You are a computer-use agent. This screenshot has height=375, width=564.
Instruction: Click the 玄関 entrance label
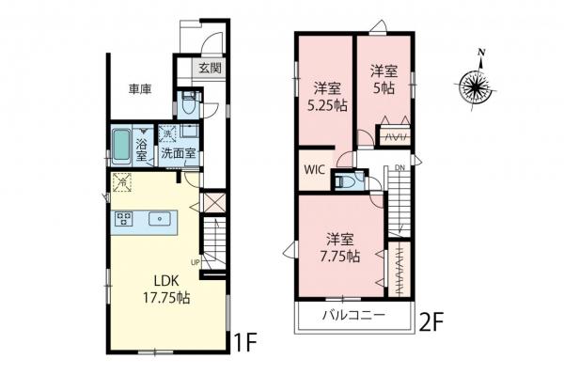tap(210, 68)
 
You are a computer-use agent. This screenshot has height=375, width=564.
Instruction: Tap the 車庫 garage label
tap(141, 91)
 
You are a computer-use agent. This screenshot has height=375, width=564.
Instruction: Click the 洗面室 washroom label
tap(176, 152)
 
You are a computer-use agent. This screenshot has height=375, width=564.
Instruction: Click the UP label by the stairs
tap(195, 261)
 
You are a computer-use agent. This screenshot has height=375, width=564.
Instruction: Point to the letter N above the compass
tap(481, 52)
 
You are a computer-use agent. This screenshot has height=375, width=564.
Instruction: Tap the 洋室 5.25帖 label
tap(325, 98)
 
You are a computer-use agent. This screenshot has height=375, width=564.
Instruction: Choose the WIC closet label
tap(313, 171)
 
